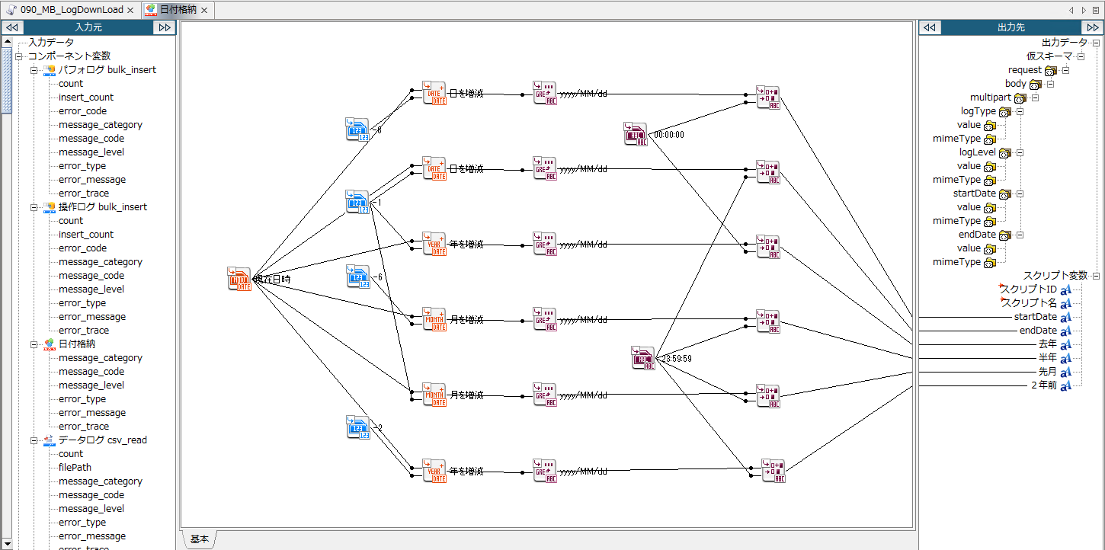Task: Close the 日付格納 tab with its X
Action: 204,10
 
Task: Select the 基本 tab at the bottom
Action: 199,539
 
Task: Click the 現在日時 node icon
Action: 239,279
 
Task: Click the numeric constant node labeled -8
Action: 357,130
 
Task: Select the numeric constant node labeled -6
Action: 357,276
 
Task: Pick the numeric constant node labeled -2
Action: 357,427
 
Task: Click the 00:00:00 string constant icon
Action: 635,134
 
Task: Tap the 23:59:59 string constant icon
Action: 643,357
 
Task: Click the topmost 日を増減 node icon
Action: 434,94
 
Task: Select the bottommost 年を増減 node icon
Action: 434,471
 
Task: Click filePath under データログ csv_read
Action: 75,468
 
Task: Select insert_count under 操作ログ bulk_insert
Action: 85,235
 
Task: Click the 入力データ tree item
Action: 51,43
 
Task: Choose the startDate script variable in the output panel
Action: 1035,317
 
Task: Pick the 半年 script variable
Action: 1047,358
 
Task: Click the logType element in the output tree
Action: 978,111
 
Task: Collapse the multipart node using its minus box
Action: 1035,98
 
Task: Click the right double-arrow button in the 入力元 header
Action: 164,27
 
